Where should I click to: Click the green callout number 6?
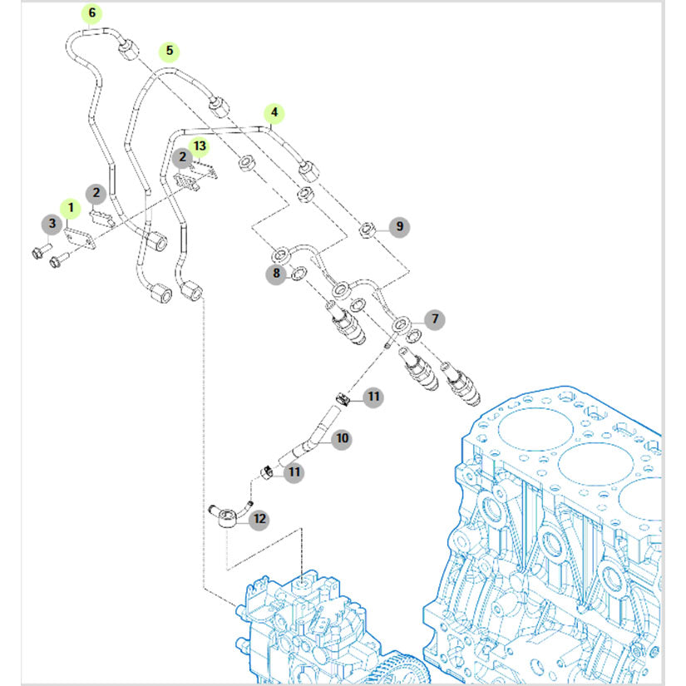coord(91,13)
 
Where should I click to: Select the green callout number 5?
coord(170,51)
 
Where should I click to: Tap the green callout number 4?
coord(274,112)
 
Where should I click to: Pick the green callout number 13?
coord(199,146)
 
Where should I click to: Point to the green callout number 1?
coord(72,205)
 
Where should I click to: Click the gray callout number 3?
coord(52,223)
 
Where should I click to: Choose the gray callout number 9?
coord(399,225)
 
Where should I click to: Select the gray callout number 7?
coord(433,318)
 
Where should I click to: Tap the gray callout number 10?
coord(342,438)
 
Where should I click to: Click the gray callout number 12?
coord(259,519)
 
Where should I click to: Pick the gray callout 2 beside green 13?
coord(180,155)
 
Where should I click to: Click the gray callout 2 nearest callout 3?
coord(96,194)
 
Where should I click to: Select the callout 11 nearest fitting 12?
coord(292,472)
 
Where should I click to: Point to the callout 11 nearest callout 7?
coord(373,397)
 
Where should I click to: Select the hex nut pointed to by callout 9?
coord(366,229)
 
